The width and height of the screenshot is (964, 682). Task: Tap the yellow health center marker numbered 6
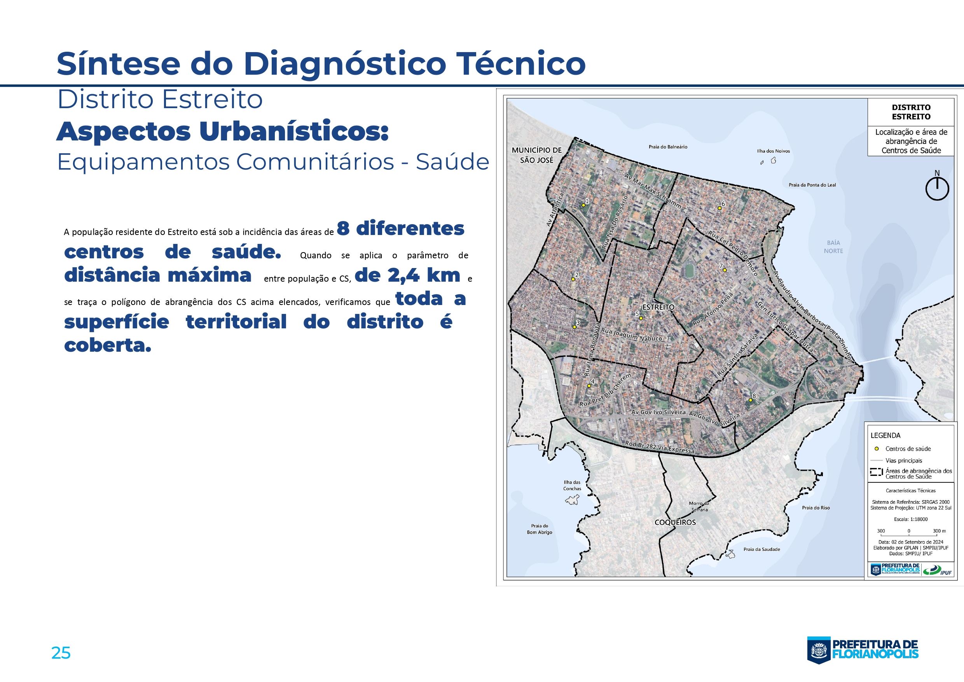pos(719,208)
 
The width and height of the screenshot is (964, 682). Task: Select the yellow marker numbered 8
pos(750,400)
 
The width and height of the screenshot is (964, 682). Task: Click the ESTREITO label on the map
pos(658,307)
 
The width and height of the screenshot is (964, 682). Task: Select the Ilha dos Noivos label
pos(774,151)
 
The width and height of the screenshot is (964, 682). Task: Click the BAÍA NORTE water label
pos(833,247)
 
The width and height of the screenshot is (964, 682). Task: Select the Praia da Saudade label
pos(761,549)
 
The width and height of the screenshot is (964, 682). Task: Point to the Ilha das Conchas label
pos(572,486)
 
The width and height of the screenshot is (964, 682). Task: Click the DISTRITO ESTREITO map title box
pos(911,112)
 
